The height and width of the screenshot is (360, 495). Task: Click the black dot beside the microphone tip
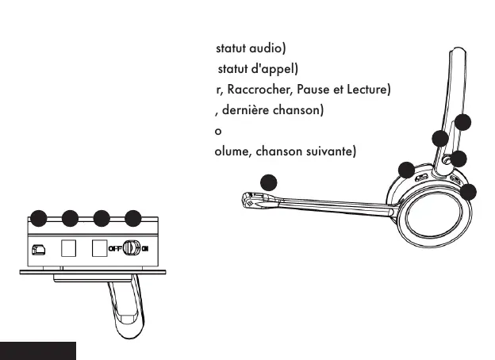270,182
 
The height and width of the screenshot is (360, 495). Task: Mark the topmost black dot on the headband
463,122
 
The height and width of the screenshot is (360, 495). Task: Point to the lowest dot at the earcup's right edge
469,191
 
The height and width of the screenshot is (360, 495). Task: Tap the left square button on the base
69,247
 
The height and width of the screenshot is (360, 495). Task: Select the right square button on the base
99,247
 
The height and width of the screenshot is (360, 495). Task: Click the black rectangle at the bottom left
38,350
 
